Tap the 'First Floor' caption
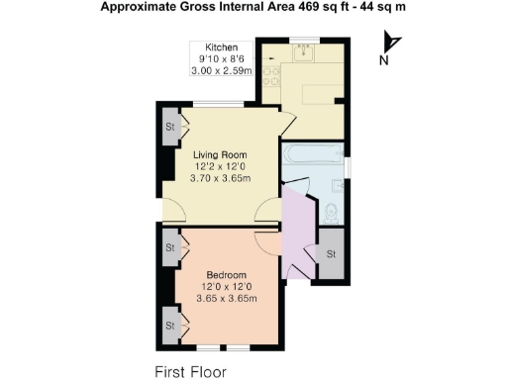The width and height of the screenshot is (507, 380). tap(189, 372)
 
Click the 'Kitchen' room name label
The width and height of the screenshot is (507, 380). tap(222, 47)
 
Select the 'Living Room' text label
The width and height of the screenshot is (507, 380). tap(219, 155)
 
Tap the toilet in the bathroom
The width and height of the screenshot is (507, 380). tap(333, 209)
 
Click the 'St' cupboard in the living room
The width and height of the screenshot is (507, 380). tap(170, 127)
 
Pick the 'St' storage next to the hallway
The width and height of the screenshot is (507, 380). tap(331, 254)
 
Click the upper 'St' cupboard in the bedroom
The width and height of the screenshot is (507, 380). tap(170, 247)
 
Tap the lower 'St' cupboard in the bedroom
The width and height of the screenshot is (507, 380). tap(170, 324)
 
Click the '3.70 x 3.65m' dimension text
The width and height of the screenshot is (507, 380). tap(219, 179)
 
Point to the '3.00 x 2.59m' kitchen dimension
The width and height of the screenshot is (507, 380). tap(222, 71)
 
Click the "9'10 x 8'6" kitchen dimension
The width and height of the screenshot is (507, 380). tap(222, 59)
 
